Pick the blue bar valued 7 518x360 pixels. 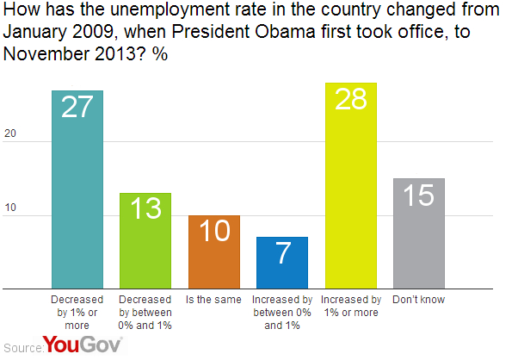[281, 262]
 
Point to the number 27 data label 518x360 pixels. [77, 109]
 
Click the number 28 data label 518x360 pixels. [350, 100]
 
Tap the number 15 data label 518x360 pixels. [418, 196]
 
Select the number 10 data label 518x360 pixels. [213, 233]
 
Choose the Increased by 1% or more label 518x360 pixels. [350, 305]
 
